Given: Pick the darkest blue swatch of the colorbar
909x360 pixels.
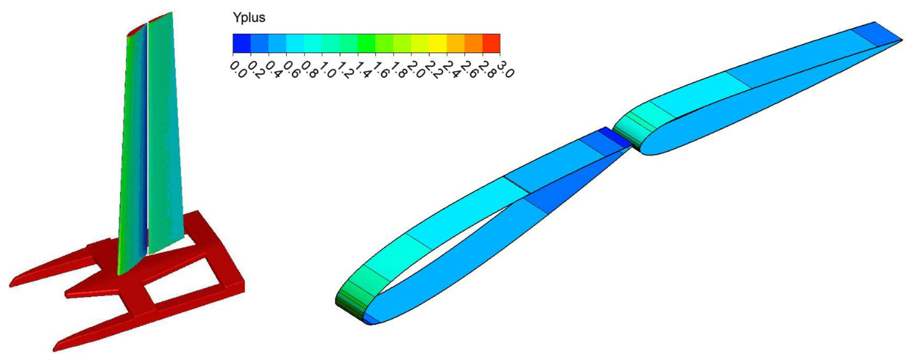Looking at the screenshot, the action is tap(242, 43).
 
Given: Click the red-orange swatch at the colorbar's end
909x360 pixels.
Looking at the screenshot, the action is tap(491, 43).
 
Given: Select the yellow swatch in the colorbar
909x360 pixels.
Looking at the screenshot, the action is tap(438, 43).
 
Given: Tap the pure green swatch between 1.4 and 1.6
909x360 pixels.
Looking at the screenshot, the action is tap(366, 43).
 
